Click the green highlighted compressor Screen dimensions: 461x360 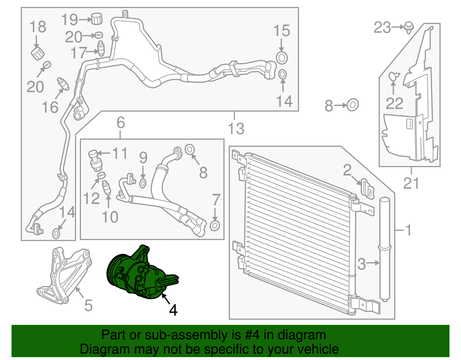(138, 274)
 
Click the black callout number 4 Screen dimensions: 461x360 (173, 310)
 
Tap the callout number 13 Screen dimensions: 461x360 (236, 129)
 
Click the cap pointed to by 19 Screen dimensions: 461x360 (97, 19)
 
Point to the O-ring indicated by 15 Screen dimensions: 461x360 (282, 58)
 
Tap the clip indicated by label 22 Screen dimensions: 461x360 (393, 77)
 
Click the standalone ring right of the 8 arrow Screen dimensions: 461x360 (353, 105)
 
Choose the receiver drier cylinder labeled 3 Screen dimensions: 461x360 (384, 248)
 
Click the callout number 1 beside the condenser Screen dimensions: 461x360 (409, 230)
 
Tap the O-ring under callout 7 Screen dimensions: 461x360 (215, 225)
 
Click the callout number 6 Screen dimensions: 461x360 (121, 123)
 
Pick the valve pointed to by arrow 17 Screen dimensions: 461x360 (101, 48)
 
